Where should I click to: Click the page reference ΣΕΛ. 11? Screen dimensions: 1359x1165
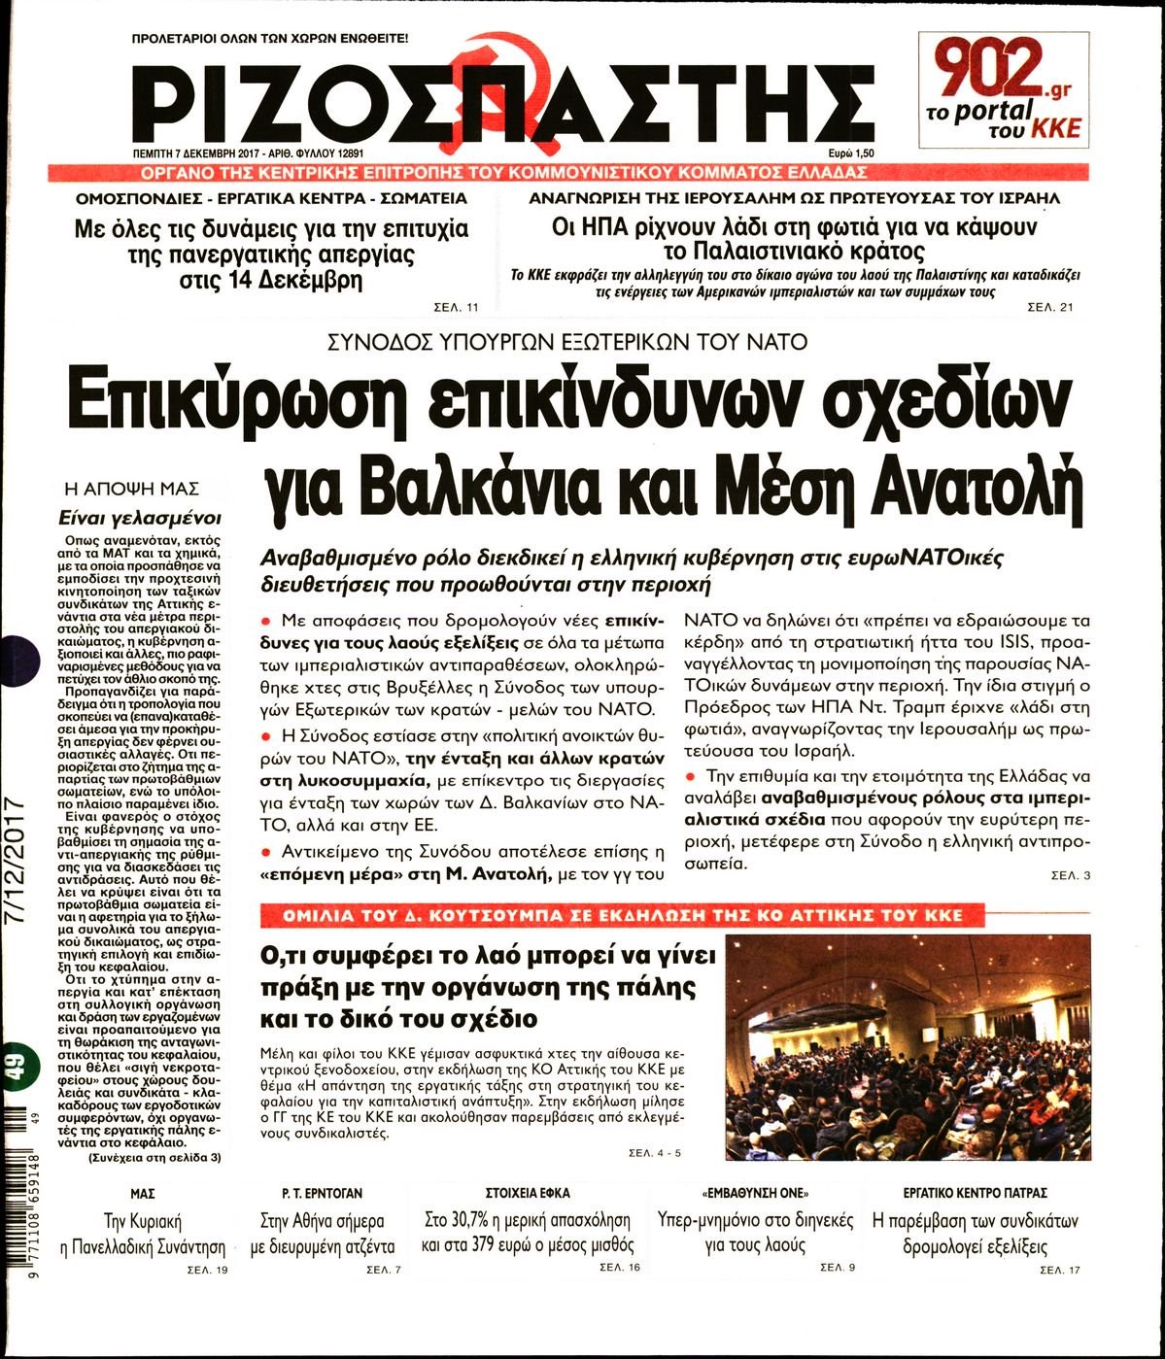[x=456, y=308]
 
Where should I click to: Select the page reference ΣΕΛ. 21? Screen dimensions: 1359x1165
[x=1050, y=308]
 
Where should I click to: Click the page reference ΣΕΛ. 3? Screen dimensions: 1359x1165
[x=1071, y=876]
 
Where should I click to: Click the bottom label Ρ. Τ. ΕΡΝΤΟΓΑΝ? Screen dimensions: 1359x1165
[x=322, y=1193]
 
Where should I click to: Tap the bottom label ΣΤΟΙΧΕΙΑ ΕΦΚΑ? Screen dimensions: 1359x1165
[x=527, y=1193]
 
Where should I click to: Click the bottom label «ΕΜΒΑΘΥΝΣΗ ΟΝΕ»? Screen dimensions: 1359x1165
[x=754, y=1193]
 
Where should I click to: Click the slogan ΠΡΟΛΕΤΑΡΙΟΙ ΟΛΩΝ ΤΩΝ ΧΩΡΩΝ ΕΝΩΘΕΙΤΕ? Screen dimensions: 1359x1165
[x=270, y=40]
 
